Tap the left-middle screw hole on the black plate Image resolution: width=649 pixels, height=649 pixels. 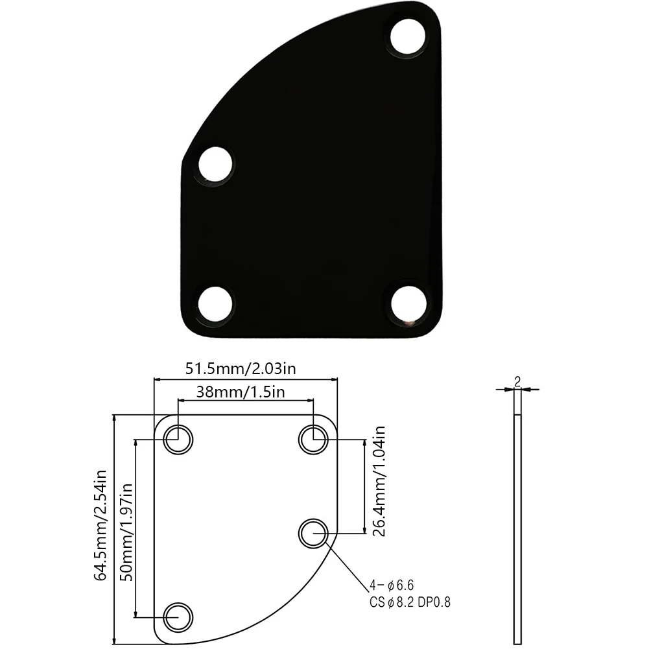click(215, 164)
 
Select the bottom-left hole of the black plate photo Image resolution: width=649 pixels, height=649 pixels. click(215, 302)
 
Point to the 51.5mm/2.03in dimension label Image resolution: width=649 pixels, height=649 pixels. click(241, 369)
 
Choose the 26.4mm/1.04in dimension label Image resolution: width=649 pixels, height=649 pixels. click(380, 482)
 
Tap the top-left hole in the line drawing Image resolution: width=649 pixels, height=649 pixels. click(178, 440)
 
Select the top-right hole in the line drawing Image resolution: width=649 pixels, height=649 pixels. click(314, 440)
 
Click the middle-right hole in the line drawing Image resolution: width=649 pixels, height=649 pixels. click(314, 533)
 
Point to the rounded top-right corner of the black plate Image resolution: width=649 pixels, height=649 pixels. click(433, 16)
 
